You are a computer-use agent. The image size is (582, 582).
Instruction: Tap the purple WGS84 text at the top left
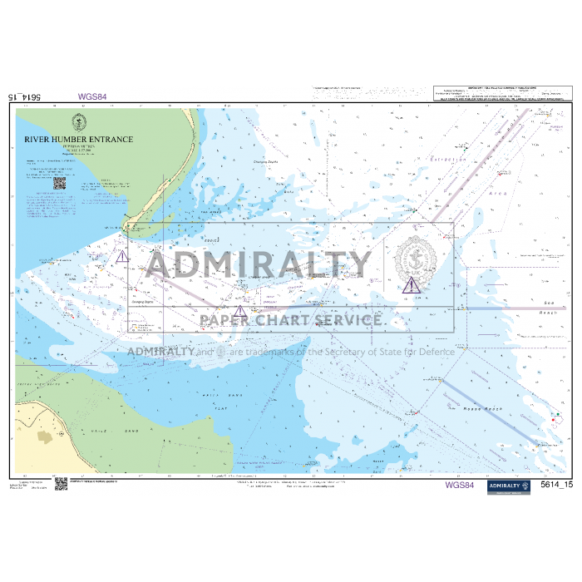tap(92, 96)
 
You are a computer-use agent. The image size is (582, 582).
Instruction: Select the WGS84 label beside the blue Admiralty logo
tap(460, 485)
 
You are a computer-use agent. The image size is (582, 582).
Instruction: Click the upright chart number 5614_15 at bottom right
tap(556, 485)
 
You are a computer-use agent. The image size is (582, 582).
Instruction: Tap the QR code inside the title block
tap(59, 182)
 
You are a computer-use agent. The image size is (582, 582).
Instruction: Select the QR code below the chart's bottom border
tap(61, 484)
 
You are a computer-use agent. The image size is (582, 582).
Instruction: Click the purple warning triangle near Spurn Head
tap(122, 257)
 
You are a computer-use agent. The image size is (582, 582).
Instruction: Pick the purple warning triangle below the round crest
tap(412, 286)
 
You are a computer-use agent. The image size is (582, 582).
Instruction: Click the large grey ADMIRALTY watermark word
tap(259, 264)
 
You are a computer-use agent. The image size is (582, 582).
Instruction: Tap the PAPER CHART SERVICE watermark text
tap(290, 320)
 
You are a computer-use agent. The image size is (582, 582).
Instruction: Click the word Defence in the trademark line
tap(436, 352)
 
